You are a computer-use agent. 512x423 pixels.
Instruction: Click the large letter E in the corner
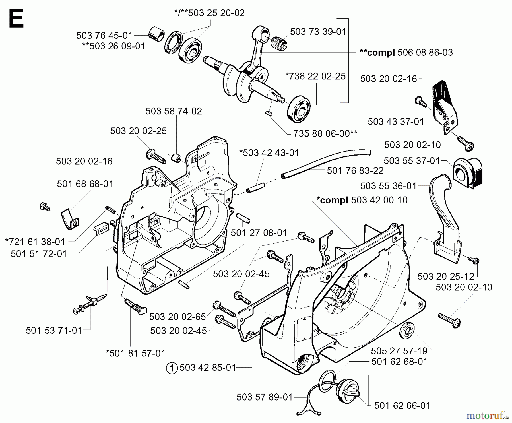(x=16, y=19)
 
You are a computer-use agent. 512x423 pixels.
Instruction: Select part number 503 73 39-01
(x=318, y=31)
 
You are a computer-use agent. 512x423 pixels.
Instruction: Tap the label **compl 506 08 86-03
(x=406, y=52)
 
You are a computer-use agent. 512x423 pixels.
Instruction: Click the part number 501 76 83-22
(x=355, y=170)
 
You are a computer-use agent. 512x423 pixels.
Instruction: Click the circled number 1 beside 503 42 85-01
(x=172, y=368)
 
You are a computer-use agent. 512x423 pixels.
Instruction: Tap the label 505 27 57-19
(x=399, y=351)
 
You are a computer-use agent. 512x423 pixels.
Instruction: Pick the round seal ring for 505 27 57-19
(x=407, y=331)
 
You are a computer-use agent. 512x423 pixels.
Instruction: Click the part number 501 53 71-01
(x=54, y=330)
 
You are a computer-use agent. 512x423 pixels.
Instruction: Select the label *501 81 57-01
(x=135, y=353)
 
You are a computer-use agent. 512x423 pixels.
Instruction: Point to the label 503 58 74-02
(x=174, y=111)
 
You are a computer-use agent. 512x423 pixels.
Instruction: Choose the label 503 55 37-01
(x=412, y=161)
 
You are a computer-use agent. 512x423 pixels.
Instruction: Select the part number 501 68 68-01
(x=85, y=184)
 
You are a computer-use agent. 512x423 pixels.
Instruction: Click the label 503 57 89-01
(x=265, y=397)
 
